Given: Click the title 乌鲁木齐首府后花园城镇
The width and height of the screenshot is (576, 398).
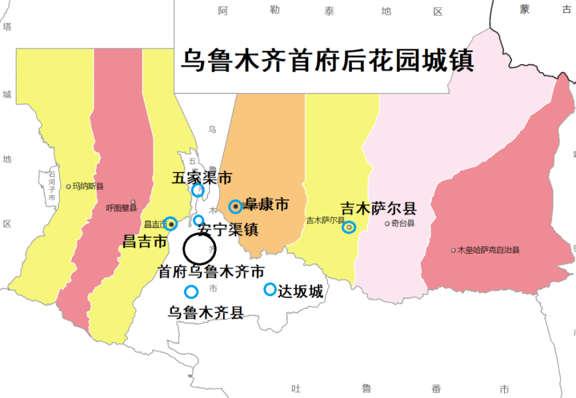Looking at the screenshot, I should (x=327, y=61).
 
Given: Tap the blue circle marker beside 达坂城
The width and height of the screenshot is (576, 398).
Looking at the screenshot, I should (x=270, y=290).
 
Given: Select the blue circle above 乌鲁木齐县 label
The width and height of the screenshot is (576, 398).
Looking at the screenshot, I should (x=191, y=292).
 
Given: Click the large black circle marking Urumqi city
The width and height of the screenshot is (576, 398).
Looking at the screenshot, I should (x=199, y=249).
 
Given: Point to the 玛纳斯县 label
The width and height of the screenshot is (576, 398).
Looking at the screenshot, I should (x=88, y=186).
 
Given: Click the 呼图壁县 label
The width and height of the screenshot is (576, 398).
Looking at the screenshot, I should (x=122, y=208).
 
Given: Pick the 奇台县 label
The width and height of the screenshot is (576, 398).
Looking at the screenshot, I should (x=403, y=223).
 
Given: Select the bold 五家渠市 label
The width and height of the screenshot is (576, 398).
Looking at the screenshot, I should (x=202, y=178).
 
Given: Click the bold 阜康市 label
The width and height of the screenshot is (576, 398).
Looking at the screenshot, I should (x=267, y=204).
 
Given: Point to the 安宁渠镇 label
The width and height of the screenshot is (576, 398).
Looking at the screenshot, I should (x=228, y=230).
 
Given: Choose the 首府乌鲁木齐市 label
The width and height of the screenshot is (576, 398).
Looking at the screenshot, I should (x=211, y=271).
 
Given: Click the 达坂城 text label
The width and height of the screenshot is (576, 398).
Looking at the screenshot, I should (x=300, y=291).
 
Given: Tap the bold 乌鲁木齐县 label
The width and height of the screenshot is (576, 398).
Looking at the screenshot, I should (x=206, y=313).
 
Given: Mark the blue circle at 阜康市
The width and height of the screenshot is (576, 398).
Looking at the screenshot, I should (x=235, y=206).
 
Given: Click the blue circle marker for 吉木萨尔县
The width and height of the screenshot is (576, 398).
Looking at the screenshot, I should (x=348, y=227).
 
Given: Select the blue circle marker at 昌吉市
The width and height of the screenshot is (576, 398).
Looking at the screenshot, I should (x=170, y=224).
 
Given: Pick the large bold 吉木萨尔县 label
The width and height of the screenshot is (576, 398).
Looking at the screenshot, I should (x=378, y=208).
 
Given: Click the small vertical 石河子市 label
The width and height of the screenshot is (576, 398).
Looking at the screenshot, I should (x=52, y=185).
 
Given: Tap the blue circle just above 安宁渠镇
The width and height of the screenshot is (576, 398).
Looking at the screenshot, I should (x=198, y=220).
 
